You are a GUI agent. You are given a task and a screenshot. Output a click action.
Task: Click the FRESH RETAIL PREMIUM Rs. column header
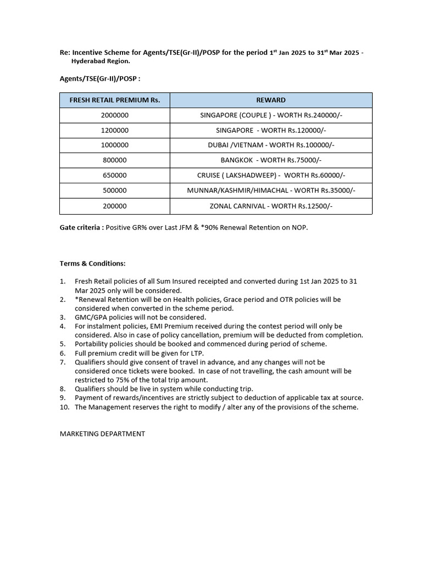[x=114, y=100]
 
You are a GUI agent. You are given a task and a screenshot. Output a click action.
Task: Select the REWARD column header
[x=270, y=100]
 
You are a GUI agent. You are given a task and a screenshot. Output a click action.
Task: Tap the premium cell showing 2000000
[x=114, y=115]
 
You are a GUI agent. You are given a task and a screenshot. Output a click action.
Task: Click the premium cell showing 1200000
[x=114, y=131]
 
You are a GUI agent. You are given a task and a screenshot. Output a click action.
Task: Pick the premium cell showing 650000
[x=114, y=176]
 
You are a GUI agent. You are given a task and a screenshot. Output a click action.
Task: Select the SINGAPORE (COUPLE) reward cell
[x=270, y=115]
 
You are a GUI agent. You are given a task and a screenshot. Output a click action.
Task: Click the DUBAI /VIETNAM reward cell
[x=270, y=145]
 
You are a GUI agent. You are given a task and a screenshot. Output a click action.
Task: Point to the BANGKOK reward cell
[x=270, y=160]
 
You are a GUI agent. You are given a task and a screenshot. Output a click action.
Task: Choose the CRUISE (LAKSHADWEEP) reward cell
[x=270, y=176]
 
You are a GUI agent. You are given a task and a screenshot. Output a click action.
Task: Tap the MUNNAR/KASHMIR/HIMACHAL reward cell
[x=270, y=190]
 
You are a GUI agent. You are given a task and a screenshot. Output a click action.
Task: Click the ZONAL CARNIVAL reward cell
[x=270, y=206]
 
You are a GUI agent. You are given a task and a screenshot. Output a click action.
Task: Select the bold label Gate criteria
[x=81, y=227]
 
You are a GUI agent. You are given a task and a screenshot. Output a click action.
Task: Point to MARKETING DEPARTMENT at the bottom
[x=102, y=434]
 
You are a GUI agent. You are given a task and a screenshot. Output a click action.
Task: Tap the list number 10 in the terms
[x=64, y=407]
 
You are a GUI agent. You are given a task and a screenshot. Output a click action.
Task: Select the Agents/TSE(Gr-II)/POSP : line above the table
[x=99, y=78]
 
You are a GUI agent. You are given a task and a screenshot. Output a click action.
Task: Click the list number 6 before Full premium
[x=63, y=353]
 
